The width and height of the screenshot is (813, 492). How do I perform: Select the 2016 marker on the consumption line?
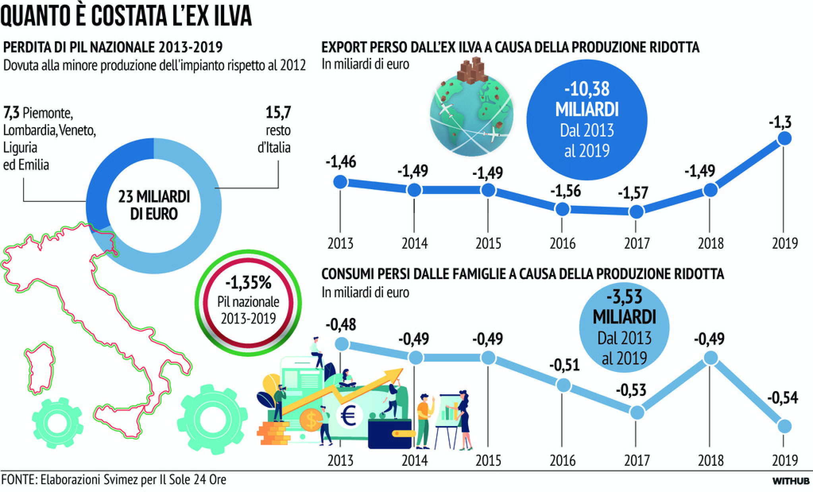562,384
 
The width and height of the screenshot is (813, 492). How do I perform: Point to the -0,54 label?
782,398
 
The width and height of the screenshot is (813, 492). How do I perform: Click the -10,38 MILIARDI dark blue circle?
587,120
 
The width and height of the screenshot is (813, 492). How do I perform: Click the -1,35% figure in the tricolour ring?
248,283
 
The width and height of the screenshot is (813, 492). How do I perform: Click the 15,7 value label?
278,112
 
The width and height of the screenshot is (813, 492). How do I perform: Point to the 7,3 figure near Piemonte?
11,113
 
